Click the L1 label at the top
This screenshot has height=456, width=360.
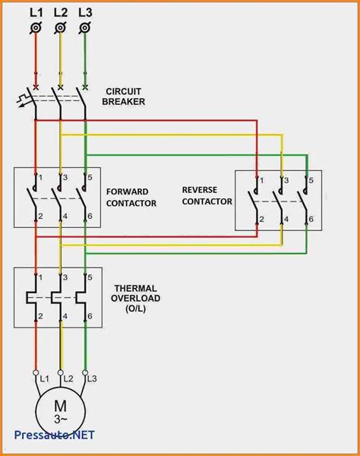(35, 11)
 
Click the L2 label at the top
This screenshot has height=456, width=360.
(61, 11)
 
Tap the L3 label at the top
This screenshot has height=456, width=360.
(86, 11)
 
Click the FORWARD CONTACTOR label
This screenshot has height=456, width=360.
(132, 198)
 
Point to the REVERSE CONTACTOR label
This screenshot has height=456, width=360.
(207, 195)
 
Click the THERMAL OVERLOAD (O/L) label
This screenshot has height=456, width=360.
(137, 298)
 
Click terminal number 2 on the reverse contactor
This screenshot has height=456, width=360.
(262, 220)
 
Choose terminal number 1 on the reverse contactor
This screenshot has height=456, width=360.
(262, 180)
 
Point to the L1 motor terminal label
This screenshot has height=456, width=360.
(43, 378)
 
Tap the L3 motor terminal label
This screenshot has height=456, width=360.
(93, 378)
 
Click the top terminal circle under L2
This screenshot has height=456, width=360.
(60, 28)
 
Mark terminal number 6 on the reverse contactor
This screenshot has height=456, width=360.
(310, 220)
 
